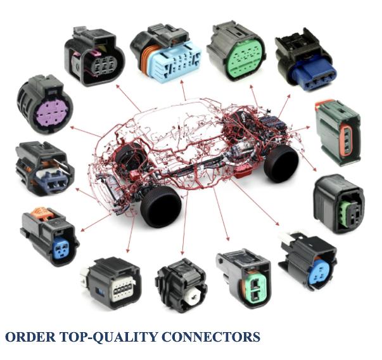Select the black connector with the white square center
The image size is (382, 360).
[x=181, y=285]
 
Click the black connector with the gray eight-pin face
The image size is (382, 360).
[x=115, y=282]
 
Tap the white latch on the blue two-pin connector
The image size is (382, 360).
[x=288, y=240]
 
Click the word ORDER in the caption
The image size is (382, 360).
[x=29, y=337]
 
